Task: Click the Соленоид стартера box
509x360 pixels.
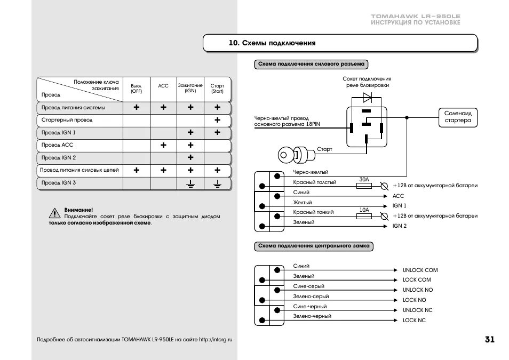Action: (458, 117)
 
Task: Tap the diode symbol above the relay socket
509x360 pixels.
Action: (368, 98)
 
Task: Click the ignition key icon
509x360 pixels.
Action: (295, 155)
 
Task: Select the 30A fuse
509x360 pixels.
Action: (364, 186)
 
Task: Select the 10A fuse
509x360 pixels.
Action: (364, 216)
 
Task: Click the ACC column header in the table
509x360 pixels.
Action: (163, 86)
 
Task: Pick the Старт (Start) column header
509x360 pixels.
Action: (217, 88)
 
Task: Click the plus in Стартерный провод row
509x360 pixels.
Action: (217, 120)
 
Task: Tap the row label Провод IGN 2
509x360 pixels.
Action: (59, 158)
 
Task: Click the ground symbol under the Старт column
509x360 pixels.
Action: (217, 183)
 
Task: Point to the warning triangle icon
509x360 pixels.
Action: (55, 213)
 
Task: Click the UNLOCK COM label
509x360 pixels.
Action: (420, 270)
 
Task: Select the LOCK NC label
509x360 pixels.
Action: (414, 321)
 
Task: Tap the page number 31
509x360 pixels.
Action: (490, 340)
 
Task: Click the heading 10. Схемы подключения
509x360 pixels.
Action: (272, 43)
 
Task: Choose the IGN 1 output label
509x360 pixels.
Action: (399, 206)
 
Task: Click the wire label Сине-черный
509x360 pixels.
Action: (309, 307)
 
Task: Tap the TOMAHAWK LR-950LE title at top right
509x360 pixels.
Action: (415, 17)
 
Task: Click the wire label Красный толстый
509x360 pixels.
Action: (314, 182)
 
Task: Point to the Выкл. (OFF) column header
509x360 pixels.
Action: (137, 88)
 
